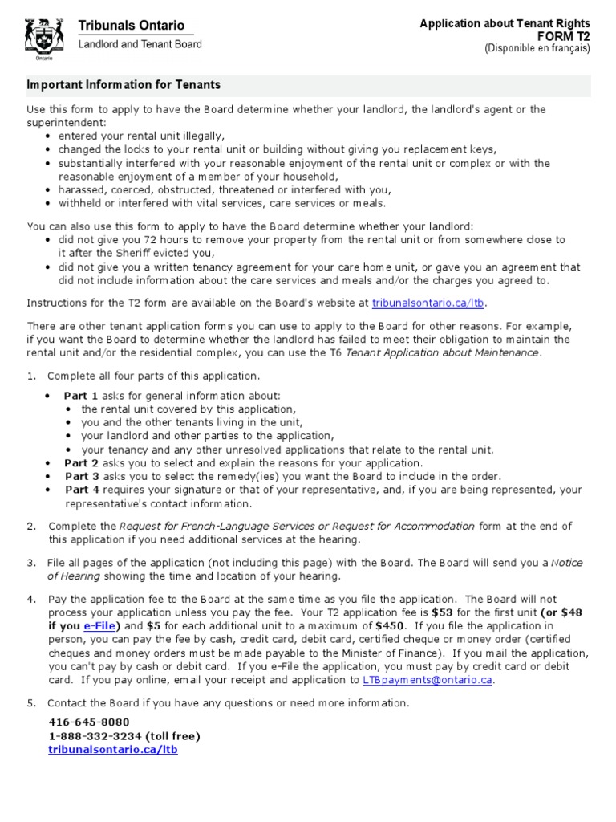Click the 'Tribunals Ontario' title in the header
[x=131, y=26]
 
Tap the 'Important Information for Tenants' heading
[x=124, y=85]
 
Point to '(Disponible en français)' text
[x=537, y=48]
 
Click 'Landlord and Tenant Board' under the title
[x=140, y=44]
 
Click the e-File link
[x=100, y=625]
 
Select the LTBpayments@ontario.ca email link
[x=427, y=680]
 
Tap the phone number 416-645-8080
[x=89, y=722]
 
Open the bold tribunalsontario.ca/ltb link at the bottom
[x=113, y=749]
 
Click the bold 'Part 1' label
[x=81, y=396]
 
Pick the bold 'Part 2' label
[x=81, y=463]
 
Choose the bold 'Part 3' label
[x=82, y=476]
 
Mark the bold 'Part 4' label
[x=82, y=490]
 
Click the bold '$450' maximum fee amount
[x=389, y=625]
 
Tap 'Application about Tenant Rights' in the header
[x=505, y=24]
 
